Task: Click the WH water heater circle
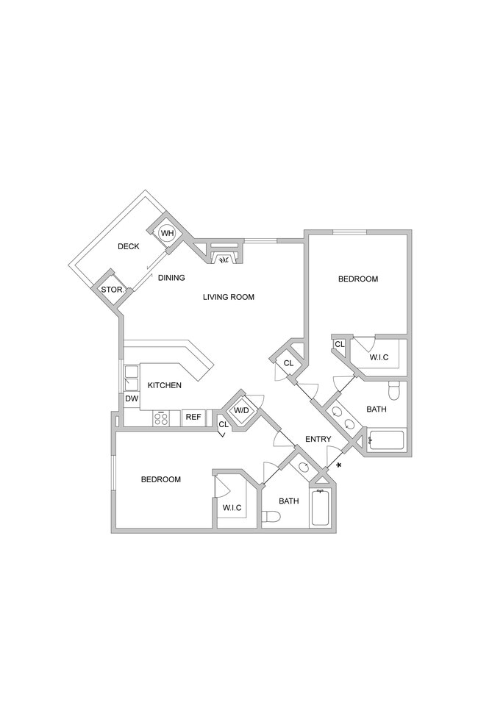point(167,233)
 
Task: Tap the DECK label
point(129,247)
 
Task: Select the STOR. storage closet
point(111,290)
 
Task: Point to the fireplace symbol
point(222,258)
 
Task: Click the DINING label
point(171,278)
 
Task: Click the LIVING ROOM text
point(229,298)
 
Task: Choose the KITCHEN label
point(165,385)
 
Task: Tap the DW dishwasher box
point(132,399)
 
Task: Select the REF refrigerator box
point(193,418)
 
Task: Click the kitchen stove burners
point(161,418)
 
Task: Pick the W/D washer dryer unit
point(241,410)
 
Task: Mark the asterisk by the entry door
point(338,466)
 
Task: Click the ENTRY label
point(318,440)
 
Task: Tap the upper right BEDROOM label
point(358,279)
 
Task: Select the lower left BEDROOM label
point(161,480)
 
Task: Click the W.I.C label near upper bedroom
point(379,358)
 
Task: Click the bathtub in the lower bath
point(320,507)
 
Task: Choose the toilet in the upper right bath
point(393,387)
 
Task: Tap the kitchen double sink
point(130,378)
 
